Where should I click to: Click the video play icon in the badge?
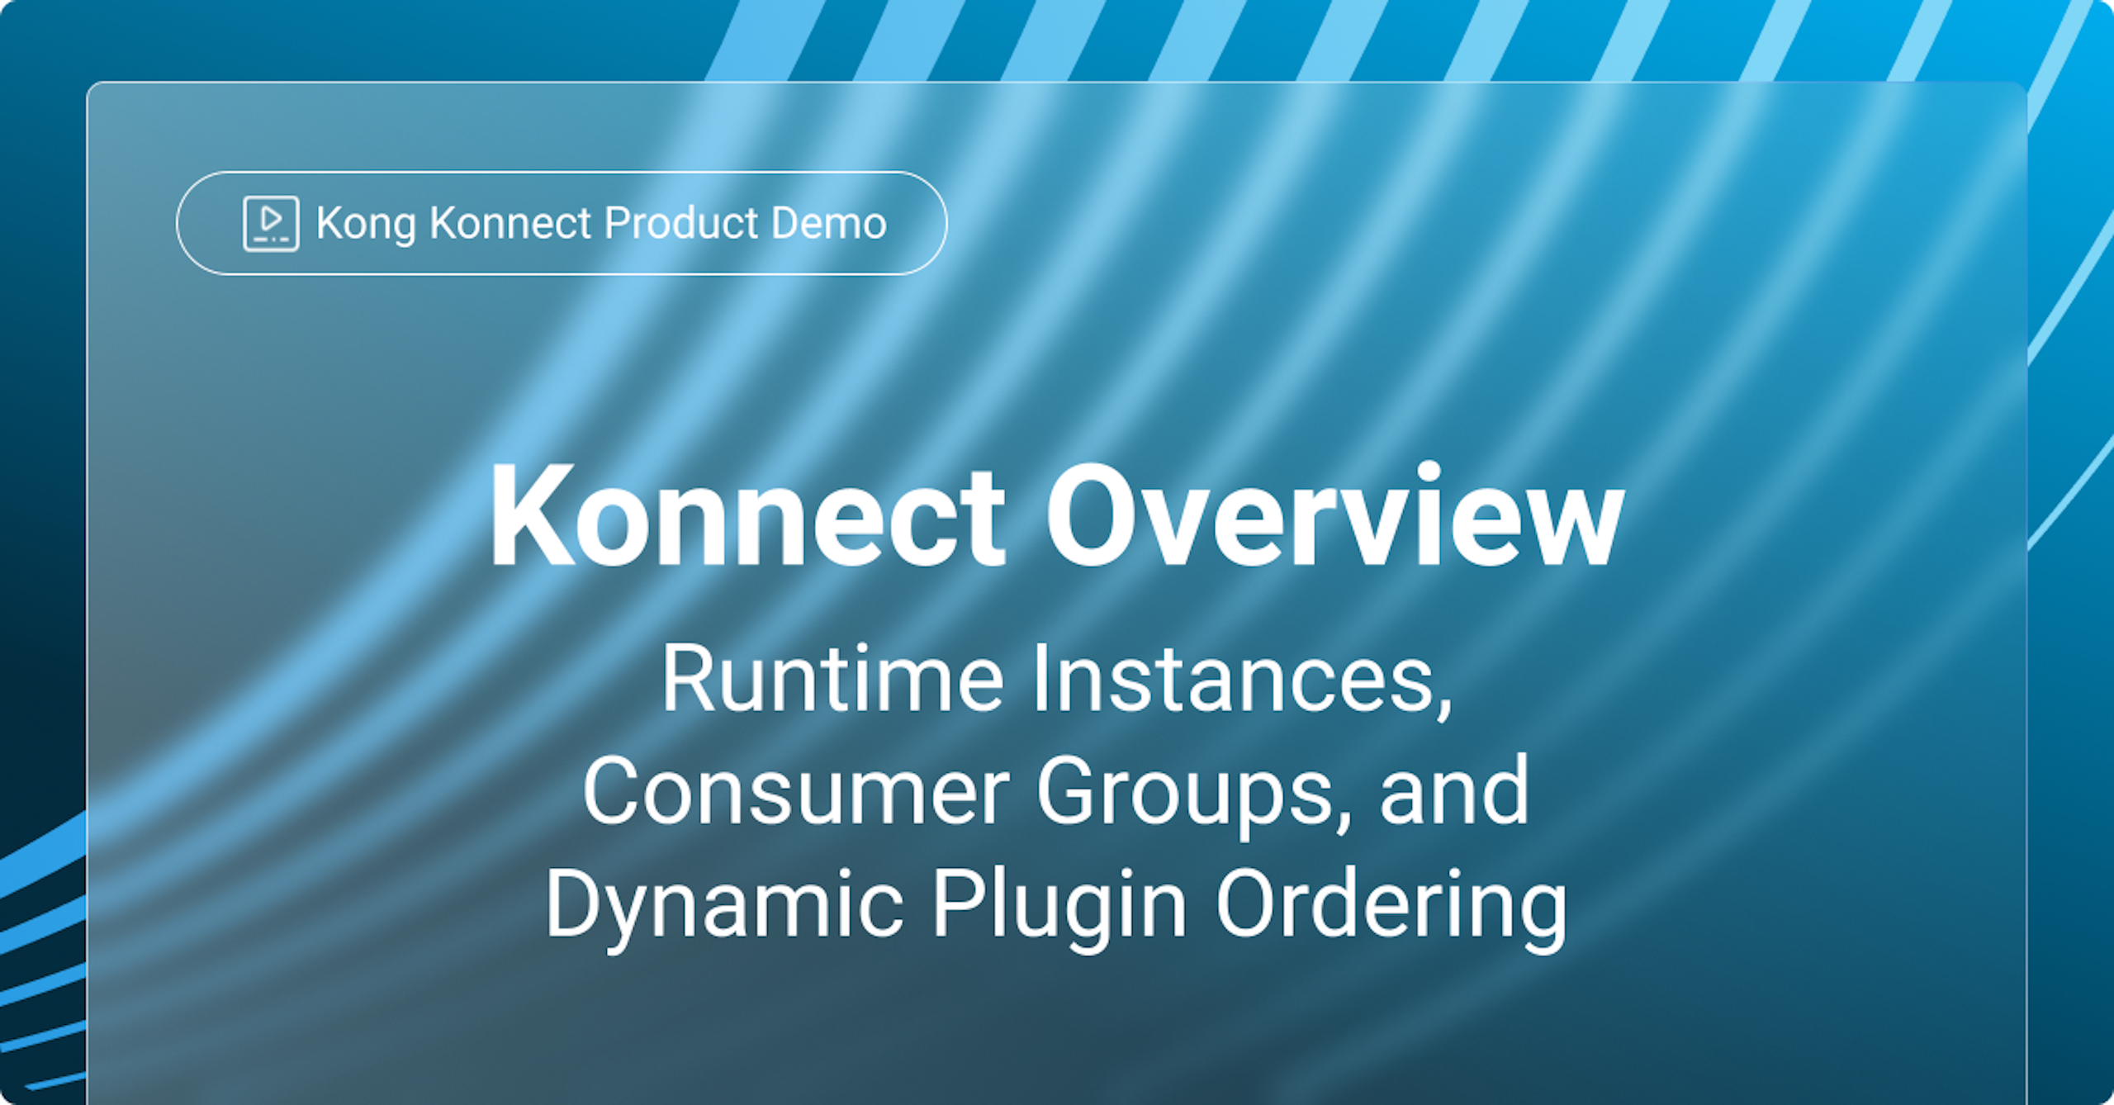[x=271, y=223]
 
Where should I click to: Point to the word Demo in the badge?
[x=829, y=223]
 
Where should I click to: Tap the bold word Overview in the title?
[x=1335, y=515]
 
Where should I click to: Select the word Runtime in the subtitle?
[x=832, y=678]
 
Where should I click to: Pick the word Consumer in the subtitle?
[x=796, y=791]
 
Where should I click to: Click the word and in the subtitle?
[x=1455, y=791]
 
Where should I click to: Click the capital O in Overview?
[x=1092, y=515]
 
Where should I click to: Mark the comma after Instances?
[x=1443, y=706]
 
